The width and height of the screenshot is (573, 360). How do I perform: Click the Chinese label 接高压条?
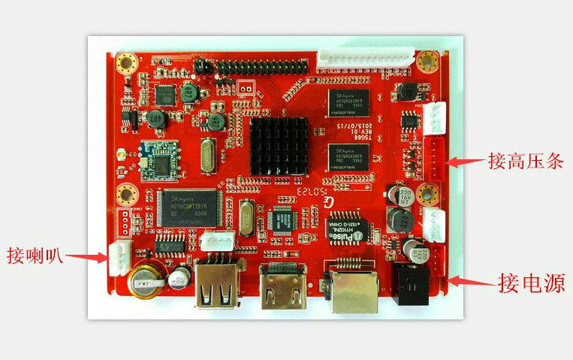[525, 161]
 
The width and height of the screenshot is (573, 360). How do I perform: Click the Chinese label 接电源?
[532, 283]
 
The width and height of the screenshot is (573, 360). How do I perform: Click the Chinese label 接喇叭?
[35, 254]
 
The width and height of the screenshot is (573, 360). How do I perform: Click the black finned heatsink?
[278, 146]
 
